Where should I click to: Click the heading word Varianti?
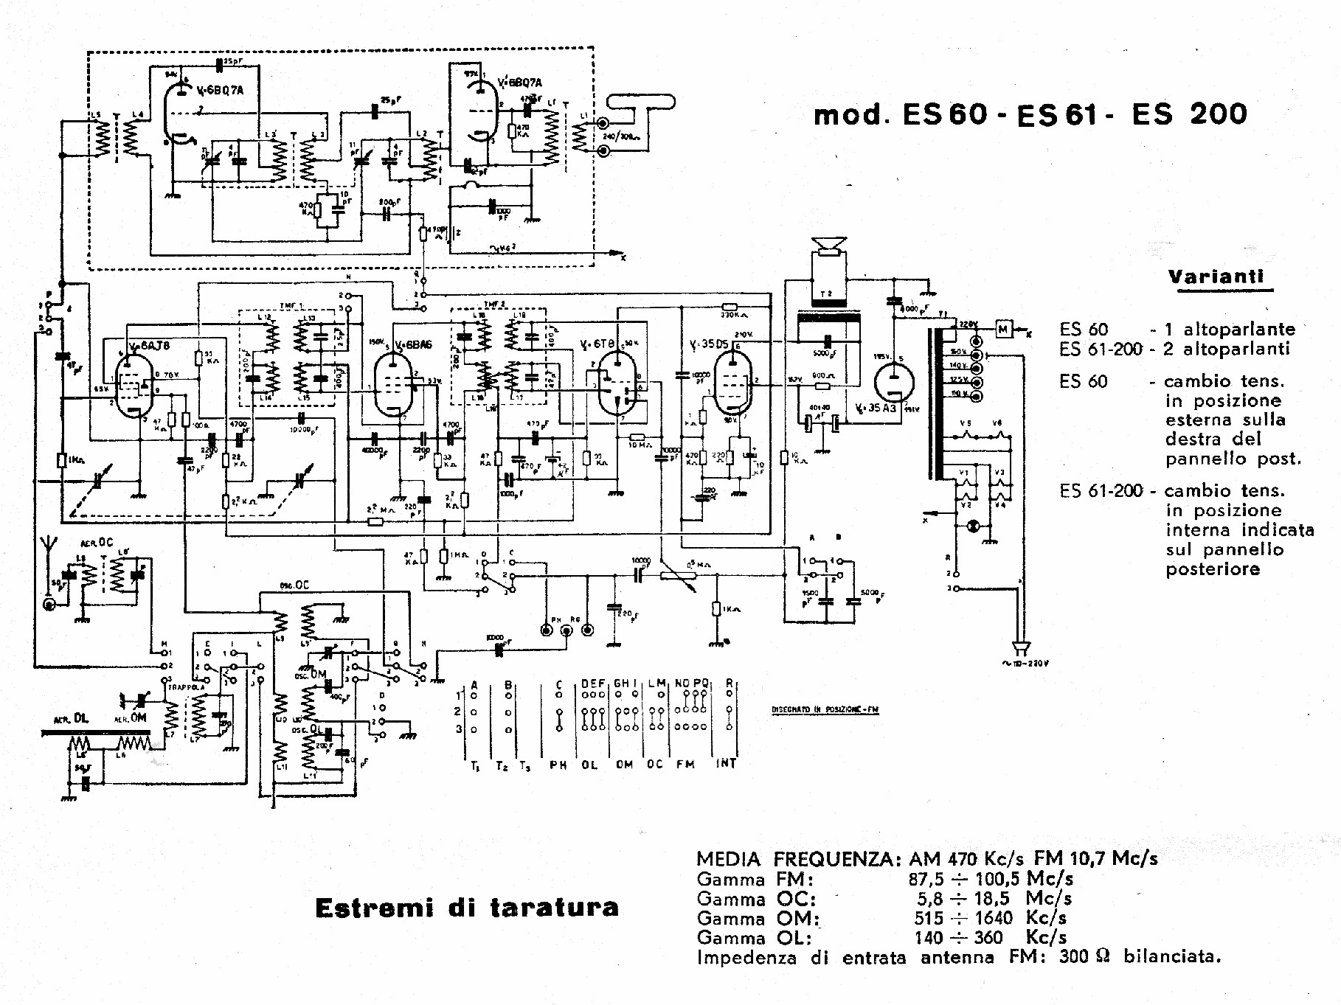(x=1216, y=277)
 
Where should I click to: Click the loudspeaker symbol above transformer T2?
(x=828, y=246)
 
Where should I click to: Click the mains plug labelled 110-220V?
(x=1021, y=649)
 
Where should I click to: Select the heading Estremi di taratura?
(x=466, y=908)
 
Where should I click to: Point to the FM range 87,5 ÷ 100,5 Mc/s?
(x=990, y=879)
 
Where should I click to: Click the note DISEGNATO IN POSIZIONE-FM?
(x=825, y=709)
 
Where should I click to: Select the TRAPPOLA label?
(x=186, y=687)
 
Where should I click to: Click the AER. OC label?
(x=97, y=543)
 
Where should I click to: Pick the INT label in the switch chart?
(x=726, y=764)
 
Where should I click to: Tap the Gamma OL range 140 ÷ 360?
(x=957, y=938)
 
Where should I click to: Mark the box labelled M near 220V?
(x=1003, y=329)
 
